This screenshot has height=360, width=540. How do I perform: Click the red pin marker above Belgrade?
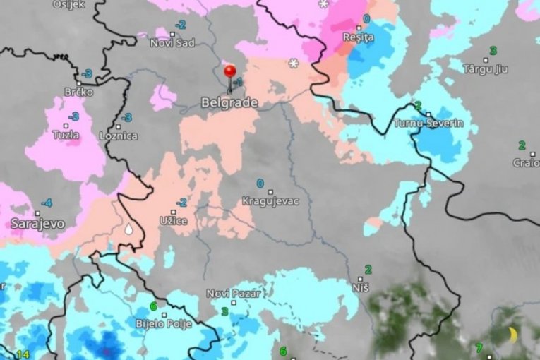click(229, 71)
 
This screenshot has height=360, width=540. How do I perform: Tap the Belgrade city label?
click(229, 103)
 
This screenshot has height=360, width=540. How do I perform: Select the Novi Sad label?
click(172, 43)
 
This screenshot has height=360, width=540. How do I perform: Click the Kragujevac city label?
click(270, 201)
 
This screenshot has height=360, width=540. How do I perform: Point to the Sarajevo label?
click(38, 224)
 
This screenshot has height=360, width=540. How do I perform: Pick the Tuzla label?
click(66, 135)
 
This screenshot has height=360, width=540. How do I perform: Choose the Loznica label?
click(119, 135)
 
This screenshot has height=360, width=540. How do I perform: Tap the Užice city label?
click(174, 221)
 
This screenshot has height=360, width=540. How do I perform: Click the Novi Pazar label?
click(234, 294)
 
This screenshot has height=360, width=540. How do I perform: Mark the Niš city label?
click(361, 287)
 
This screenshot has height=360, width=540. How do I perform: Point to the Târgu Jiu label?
click(486, 69)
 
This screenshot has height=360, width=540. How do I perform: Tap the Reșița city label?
click(357, 37)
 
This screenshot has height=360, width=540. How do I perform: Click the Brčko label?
click(78, 92)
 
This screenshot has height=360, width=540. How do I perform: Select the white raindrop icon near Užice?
click(129, 229)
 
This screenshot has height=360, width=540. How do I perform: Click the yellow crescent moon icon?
click(513, 333)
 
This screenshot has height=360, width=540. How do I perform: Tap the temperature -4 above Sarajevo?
click(46, 203)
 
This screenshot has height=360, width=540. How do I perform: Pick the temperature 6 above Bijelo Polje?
click(153, 306)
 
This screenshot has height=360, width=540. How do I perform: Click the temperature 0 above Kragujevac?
click(260, 184)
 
